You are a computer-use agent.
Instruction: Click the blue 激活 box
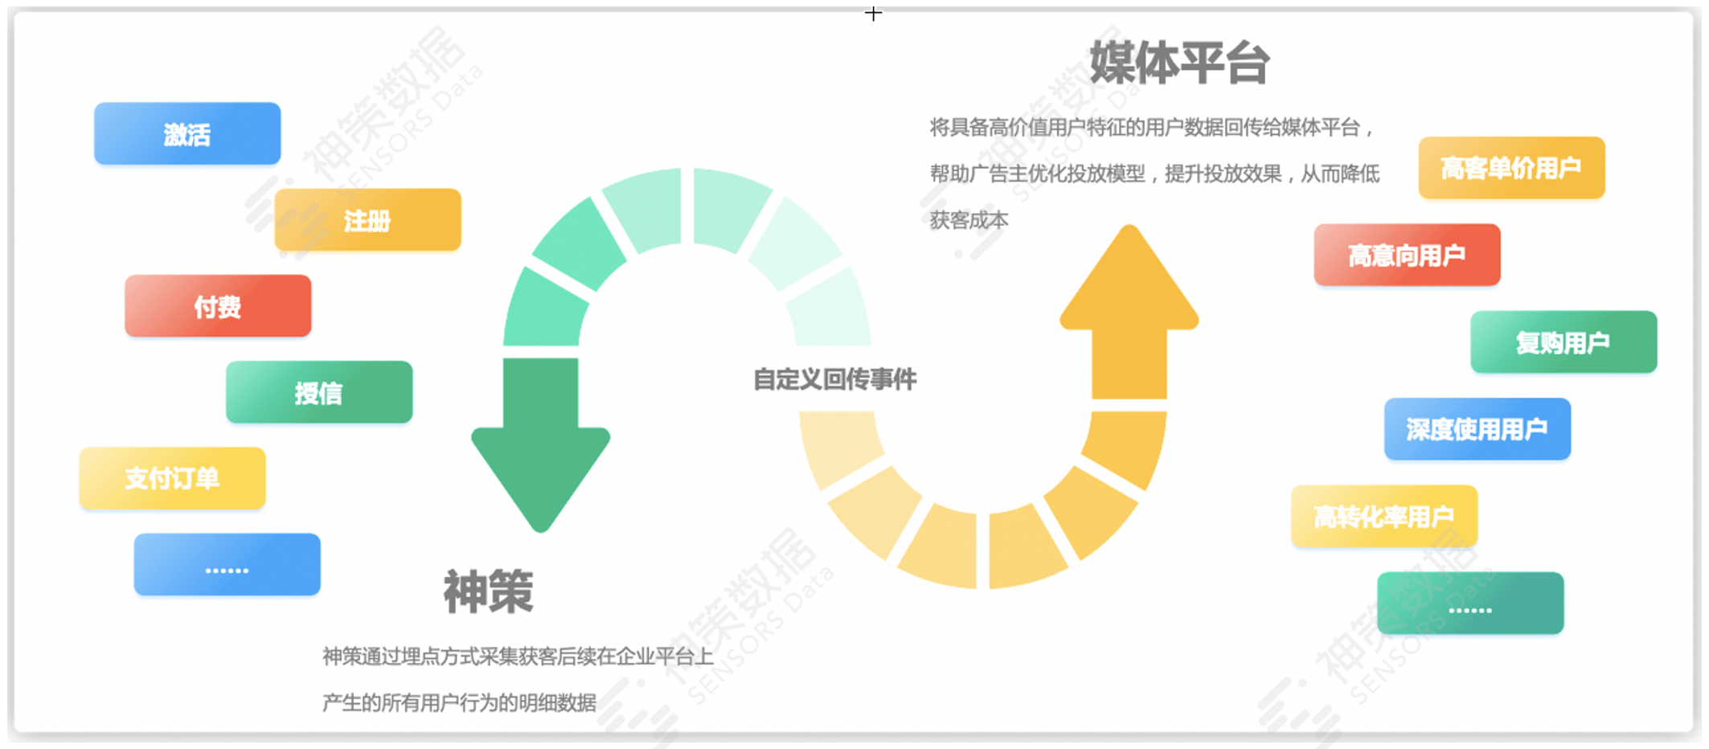pos(187,133)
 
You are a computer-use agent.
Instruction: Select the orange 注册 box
pos(367,219)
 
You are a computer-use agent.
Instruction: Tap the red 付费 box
pos(218,305)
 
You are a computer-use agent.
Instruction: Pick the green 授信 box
pos(319,392)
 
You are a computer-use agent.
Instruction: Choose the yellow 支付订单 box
pos(172,478)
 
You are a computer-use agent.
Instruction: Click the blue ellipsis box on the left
pos(227,564)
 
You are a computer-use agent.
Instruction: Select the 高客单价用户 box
pos(1511,168)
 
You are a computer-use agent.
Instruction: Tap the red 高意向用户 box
pos(1407,255)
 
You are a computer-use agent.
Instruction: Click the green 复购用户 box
pos(1564,342)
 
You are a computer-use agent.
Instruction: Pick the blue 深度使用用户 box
pos(1477,429)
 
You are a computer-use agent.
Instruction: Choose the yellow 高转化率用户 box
pos(1384,516)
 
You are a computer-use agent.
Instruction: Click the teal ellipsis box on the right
pos(1470,603)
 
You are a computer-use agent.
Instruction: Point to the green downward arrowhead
pos(540,474)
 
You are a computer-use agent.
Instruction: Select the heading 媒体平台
pos(1179,63)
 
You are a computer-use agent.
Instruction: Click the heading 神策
pos(488,591)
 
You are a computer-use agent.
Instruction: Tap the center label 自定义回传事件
pos(834,379)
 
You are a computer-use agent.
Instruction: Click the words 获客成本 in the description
pos(969,220)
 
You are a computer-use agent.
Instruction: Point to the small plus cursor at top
pos(874,14)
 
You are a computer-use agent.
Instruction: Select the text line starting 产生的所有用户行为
pos(459,703)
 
